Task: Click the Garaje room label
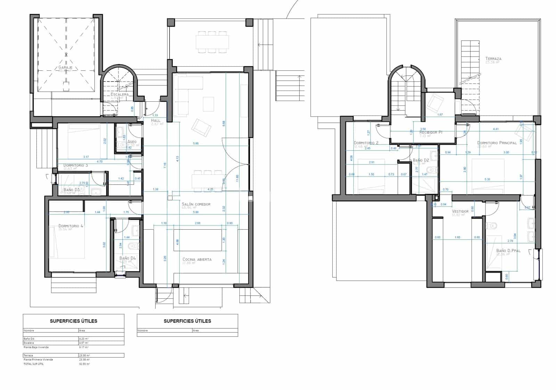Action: tap(65, 67)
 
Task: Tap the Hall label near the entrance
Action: tap(156, 120)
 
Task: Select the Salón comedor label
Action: tap(196, 204)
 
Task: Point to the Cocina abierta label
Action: tap(197, 260)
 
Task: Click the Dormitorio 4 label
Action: tap(71, 226)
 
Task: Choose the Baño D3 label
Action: tap(72, 190)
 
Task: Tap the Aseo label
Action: tap(132, 142)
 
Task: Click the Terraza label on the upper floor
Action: tap(493, 59)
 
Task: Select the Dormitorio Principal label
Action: tap(497, 143)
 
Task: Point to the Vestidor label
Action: tap(460, 211)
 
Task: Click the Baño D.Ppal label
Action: tap(508, 251)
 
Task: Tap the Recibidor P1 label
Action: tap(431, 133)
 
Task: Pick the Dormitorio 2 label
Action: tap(366, 143)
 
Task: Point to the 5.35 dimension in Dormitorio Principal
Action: tap(487, 179)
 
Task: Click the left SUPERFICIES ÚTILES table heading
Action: tap(73, 321)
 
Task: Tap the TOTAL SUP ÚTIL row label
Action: tap(34, 364)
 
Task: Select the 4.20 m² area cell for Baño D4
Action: tap(84, 339)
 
